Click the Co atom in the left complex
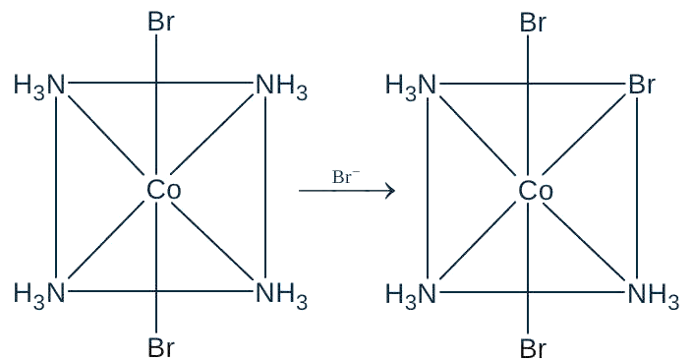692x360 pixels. pos(164,191)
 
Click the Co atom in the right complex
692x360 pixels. pos(536,191)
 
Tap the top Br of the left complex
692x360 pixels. pos(161,22)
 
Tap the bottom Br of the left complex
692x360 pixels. pos(161,347)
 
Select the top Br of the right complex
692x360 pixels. pos(533,22)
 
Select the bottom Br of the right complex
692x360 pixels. pos(533,347)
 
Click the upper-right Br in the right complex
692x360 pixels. pos(642,84)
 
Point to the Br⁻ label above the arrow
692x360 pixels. pos(346,177)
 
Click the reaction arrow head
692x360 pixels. pos(390,191)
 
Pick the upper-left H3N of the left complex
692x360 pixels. pos(39,86)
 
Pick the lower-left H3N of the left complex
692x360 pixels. pos(39,294)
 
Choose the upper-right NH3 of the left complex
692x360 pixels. pos(281,86)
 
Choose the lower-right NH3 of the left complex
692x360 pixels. pos(281,294)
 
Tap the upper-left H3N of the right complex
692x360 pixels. pos(412,86)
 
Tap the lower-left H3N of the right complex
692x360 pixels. pos(412,294)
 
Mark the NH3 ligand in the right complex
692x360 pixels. pos(653,294)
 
